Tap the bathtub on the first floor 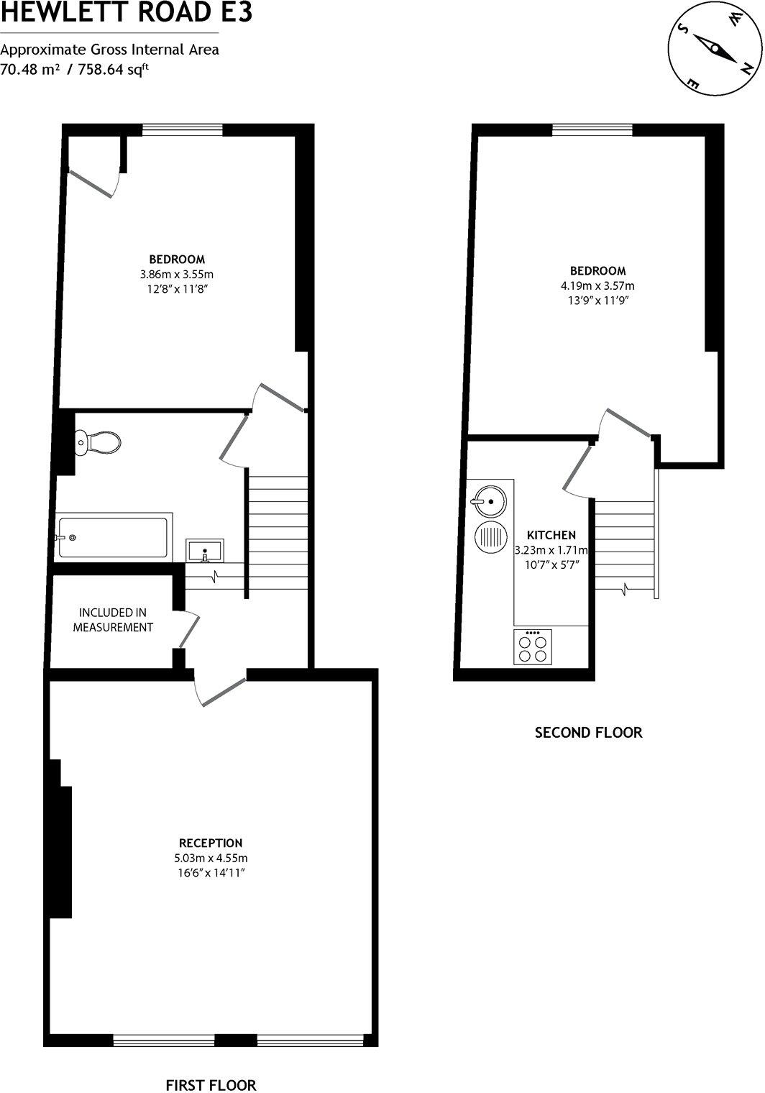(x=114, y=537)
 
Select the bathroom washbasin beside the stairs (x=205, y=551)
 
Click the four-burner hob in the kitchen (x=533, y=646)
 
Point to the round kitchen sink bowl (x=490, y=500)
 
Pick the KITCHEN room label (x=551, y=535)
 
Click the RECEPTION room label (x=211, y=843)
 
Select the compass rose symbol (x=715, y=49)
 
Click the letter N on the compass (x=748, y=69)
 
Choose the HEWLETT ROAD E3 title (x=127, y=12)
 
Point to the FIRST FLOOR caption (x=211, y=1085)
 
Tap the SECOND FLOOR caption (x=588, y=733)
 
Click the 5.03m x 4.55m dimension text (x=211, y=858)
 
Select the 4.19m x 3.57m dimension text (x=597, y=285)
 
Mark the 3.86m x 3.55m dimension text (x=177, y=274)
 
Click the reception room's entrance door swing (x=219, y=690)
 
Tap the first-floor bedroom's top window (x=182, y=130)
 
